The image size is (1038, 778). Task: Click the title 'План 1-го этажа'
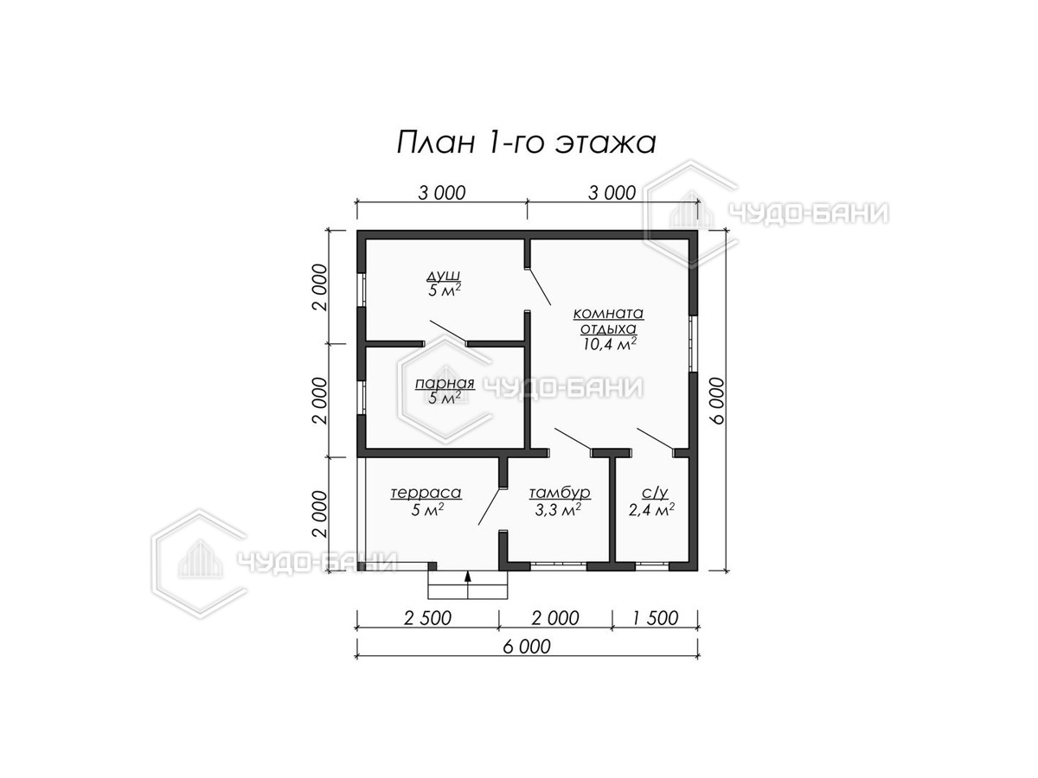pyautogui.click(x=526, y=143)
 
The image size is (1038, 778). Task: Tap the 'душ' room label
pyautogui.click(x=443, y=276)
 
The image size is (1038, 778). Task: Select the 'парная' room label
pyautogui.click(x=444, y=384)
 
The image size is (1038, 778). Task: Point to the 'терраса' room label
pyautogui.click(x=426, y=493)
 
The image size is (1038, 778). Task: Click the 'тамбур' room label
pyautogui.click(x=560, y=493)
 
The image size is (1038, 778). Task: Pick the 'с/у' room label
pyautogui.click(x=655, y=493)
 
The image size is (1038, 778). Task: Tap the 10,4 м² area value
pyautogui.click(x=609, y=343)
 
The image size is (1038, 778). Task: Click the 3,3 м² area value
pyautogui.click(x=558, y=510)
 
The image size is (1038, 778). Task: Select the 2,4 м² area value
pyautogui.click(x=651, y=510)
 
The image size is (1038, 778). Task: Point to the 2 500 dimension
pyautogui.click(x=427, y=618)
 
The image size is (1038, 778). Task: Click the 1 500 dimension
pyautogui.click(x=655, y=618)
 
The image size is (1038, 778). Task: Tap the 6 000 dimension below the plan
pyautogui.click(x=527, y=647)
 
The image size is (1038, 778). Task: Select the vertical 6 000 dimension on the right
pyautogui.click(x=717, y=400)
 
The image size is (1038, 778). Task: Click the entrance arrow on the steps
pyautogui.click(x=468, y=576)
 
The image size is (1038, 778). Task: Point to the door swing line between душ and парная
pyautogui.click(x=448, y=331)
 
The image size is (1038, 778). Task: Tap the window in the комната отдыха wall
pyautogui.click(x=693, y=343)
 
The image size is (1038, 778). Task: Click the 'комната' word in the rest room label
pyautogui.click(x=609, y=313)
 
